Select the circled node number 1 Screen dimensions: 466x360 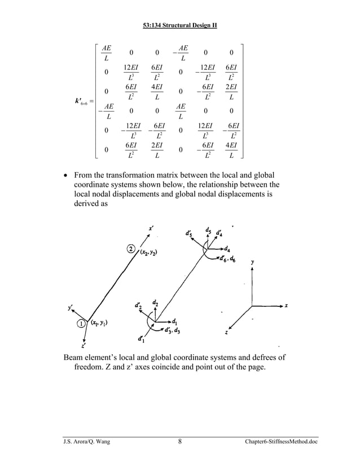(x=81, y=324)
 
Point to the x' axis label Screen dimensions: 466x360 (x=151, y=228)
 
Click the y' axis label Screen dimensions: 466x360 (x=70, y=308)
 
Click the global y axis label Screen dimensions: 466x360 (x=252, y=262)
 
